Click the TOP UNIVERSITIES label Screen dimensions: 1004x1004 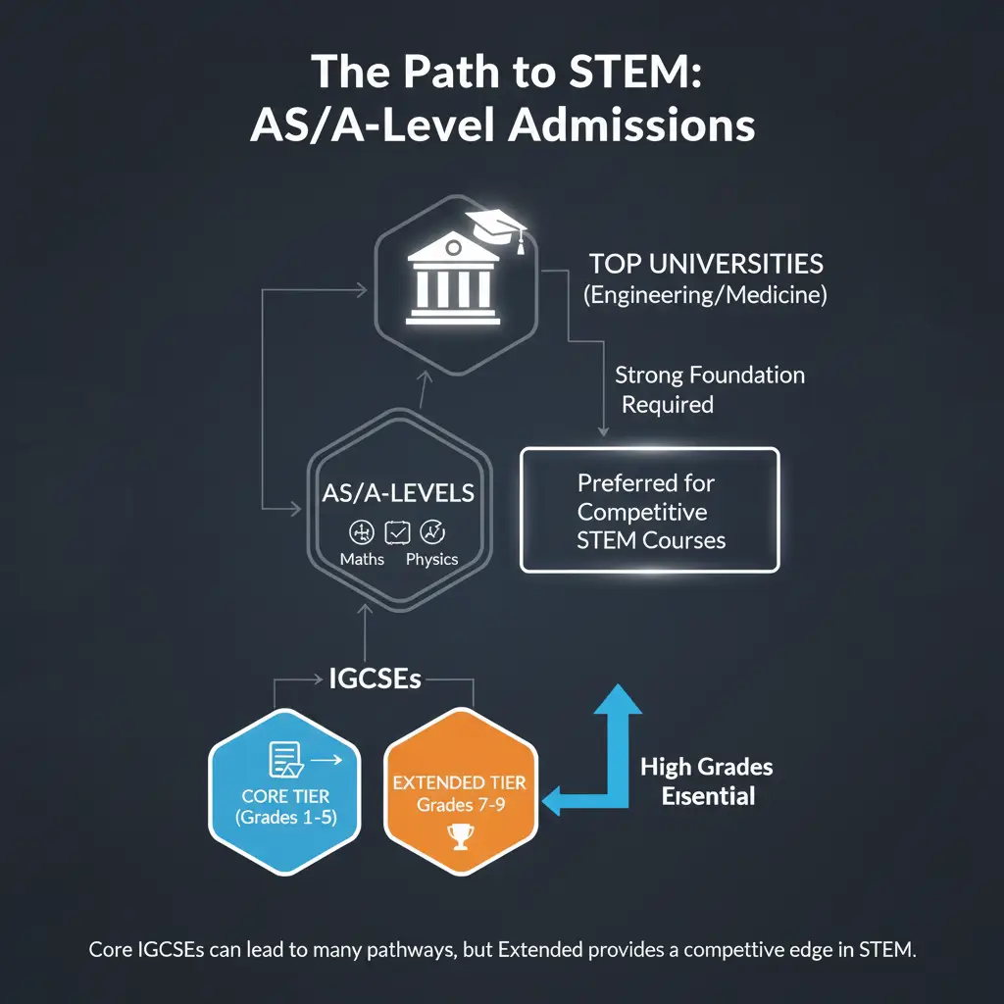706,264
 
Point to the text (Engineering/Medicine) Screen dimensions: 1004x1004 706,295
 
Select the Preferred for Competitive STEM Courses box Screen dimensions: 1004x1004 649,510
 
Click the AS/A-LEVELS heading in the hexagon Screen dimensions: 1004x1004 398,493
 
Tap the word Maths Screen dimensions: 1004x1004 362,559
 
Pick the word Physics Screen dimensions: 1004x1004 431,559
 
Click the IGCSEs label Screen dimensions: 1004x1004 375,678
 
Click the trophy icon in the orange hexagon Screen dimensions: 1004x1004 459,836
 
